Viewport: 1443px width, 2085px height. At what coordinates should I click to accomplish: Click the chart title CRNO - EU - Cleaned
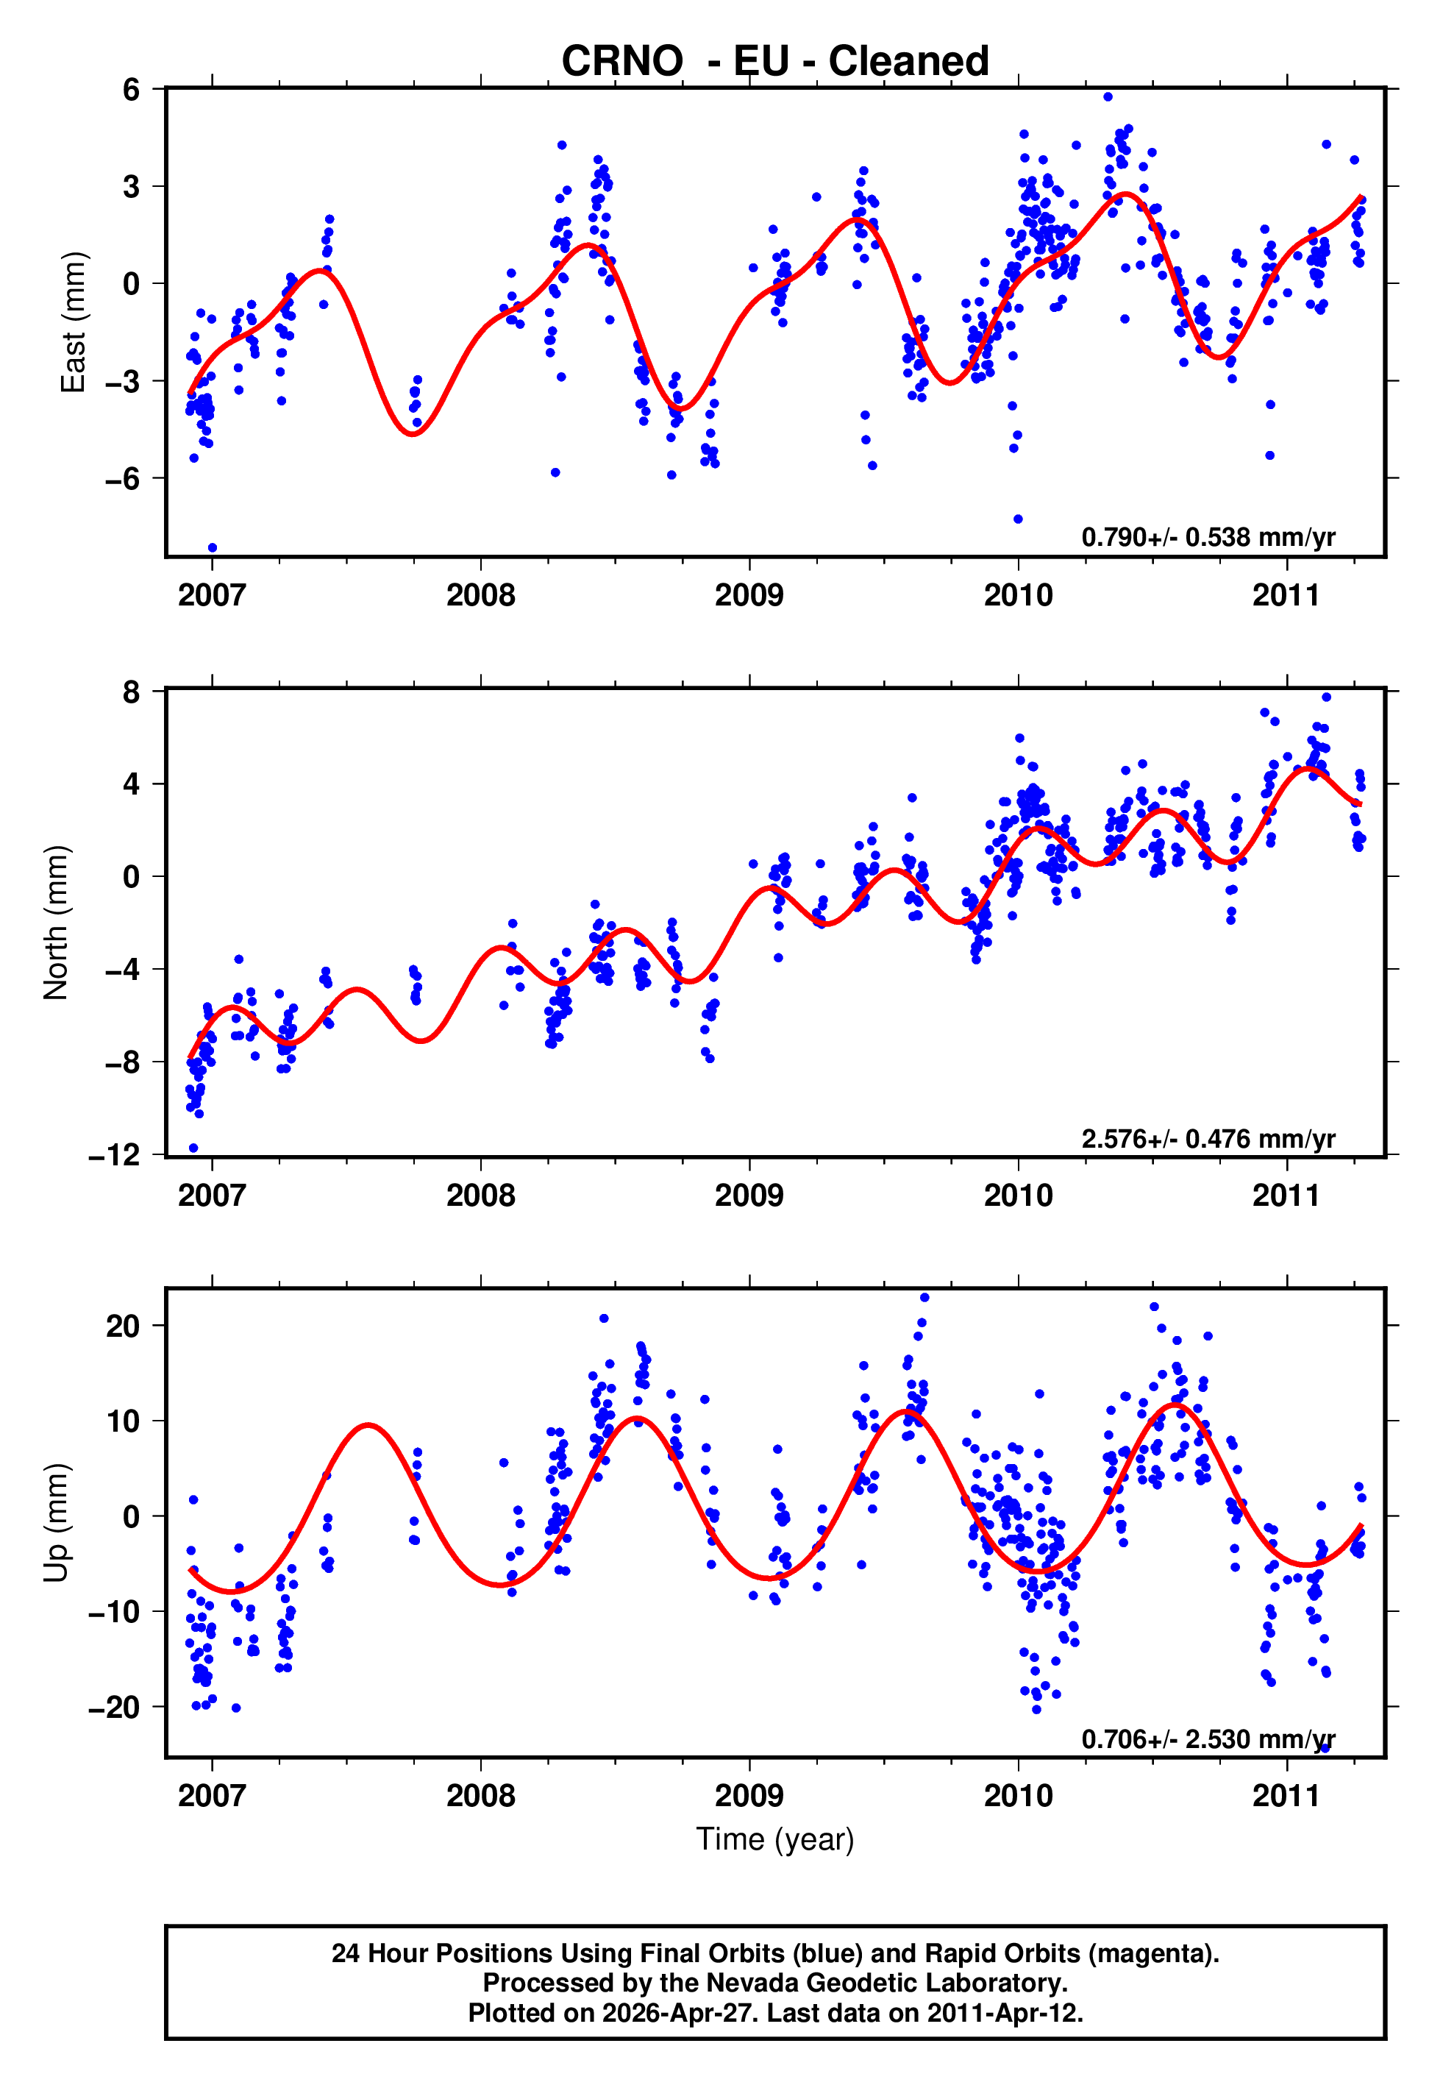coord(775,62)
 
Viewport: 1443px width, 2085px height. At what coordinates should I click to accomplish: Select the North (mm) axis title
coord(56,923)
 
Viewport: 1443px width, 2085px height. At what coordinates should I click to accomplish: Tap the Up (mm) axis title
coord(56,1523)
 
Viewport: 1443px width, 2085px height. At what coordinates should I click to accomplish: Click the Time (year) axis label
coord(775,1839)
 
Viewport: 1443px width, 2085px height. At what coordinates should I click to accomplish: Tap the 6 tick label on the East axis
coord(132,90)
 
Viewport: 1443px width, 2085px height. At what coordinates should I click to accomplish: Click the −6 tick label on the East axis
coord(123,478)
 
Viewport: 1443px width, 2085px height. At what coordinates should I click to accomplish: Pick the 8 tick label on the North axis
coord(132,692)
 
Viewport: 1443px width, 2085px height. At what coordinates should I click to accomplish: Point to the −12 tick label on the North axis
coord(115,1156)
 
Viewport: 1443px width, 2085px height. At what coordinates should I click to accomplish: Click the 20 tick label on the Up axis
coord(123,1326)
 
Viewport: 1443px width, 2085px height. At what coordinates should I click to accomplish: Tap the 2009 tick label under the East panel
coord(749,595)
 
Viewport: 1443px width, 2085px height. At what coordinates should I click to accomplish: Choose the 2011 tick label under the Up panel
coord(1286,1796)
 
